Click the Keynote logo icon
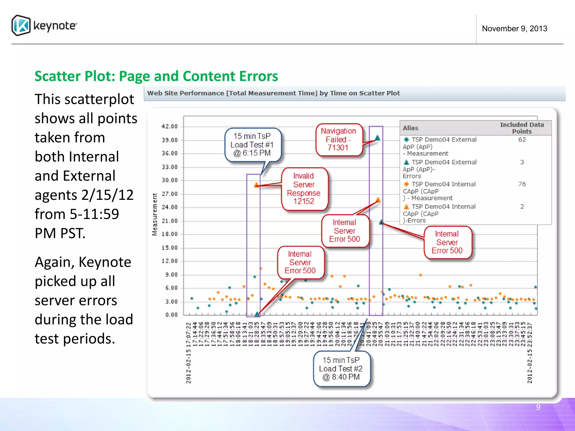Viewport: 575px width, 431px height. point(21,26)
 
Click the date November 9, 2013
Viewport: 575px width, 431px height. point(514,29)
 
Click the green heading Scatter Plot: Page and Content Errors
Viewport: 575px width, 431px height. point(156,76)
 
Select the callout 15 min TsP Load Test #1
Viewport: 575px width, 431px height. point(252,145)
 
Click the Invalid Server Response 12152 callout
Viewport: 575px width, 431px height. point(304,189)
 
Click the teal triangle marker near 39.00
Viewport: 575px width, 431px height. point(378,138)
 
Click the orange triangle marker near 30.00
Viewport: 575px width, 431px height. point(256,185)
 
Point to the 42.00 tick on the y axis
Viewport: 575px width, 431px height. point(170,127)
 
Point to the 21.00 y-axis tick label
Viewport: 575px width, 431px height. point(170,221)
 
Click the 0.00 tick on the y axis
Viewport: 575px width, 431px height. point(171,315)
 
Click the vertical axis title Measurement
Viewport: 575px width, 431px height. point(155,215)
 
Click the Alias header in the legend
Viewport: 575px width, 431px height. point(410,128)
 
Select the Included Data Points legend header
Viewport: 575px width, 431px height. point(522,128)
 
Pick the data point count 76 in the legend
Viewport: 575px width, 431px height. point(522,184)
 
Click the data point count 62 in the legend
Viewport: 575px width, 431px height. point(522,140)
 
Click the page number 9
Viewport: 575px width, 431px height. point(538,407)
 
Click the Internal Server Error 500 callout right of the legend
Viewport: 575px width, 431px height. point(447,242)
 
